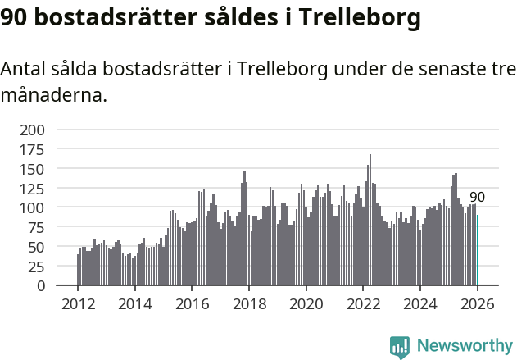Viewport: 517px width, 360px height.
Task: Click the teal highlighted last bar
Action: coord(478,251)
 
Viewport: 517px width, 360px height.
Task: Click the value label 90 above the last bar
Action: coord(477,198)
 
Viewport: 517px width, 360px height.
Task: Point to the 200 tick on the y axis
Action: coord(40,130)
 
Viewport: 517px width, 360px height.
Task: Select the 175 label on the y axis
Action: coord(40,149)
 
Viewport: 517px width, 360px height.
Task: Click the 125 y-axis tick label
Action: coord(40,189)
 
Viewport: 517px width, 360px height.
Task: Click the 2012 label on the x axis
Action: coord(78,303)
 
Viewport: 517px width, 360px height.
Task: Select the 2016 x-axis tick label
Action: coord(192,303)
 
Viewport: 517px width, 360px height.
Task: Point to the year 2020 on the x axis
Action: coord(306,303)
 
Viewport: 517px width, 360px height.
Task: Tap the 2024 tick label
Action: coord(419,303)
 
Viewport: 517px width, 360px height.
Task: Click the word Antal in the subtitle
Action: coord(24,70)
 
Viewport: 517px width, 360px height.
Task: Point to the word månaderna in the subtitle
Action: coord(54,95)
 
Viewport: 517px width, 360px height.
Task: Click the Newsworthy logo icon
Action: coord(400,347)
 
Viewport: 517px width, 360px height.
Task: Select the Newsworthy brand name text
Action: coord(465,346)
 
